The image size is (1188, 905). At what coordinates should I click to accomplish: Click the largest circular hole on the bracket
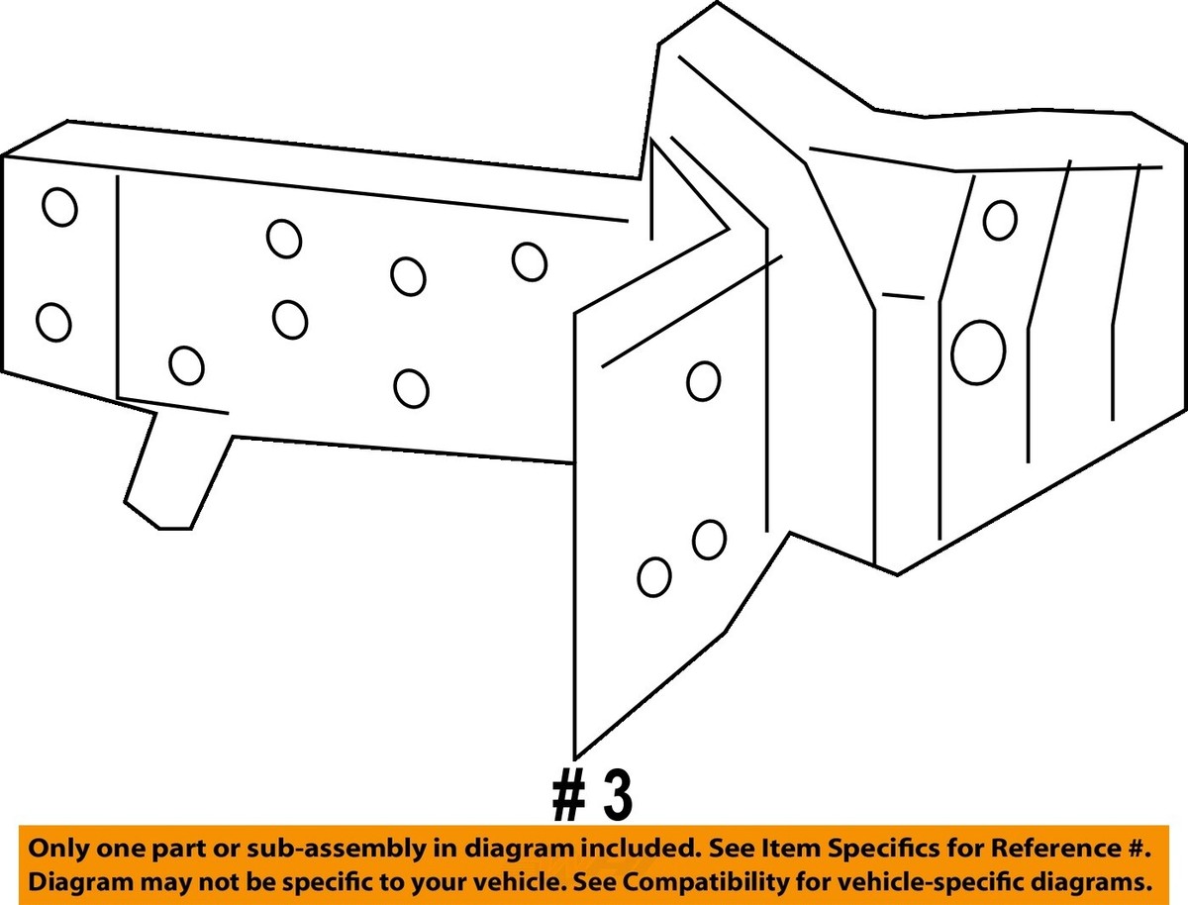[x=978, y=352]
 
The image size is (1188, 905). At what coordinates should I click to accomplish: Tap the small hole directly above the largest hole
[x=1000, y=220]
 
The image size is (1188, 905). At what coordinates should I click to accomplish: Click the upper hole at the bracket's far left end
[x=59, y=207]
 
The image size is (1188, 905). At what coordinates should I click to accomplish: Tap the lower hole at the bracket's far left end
[x=53, y=323]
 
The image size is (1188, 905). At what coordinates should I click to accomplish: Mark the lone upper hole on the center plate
[x=703, y=381]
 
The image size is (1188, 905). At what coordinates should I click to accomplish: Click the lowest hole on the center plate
[x=654, y=577]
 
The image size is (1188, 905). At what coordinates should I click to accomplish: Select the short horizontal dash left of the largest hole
[x=903, y=296]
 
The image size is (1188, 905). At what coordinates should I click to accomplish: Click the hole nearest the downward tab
[x=186, y=365]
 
